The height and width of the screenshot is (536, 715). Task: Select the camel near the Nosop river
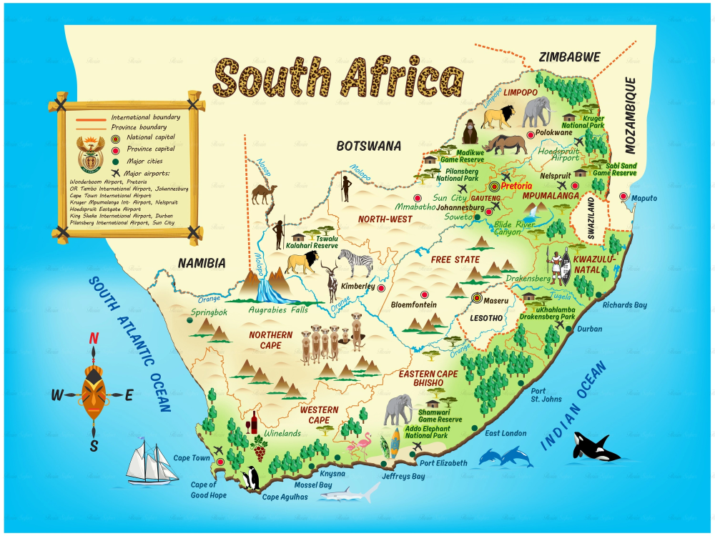coord(264,194)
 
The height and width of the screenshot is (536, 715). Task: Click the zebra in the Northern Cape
coord(355,263)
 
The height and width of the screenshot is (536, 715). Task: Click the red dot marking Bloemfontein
coord(424,294)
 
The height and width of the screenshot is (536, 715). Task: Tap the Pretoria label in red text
coord(516,186)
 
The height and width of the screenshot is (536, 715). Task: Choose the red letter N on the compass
coord(94,339)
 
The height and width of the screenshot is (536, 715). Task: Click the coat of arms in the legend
coord(90,155)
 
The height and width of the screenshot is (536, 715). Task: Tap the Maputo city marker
coord(623,197)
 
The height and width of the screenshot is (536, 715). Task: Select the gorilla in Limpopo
coord(470,132)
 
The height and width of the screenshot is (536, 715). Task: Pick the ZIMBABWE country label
coord(569,57)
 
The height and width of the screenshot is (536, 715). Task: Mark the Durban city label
coord(590,329)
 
